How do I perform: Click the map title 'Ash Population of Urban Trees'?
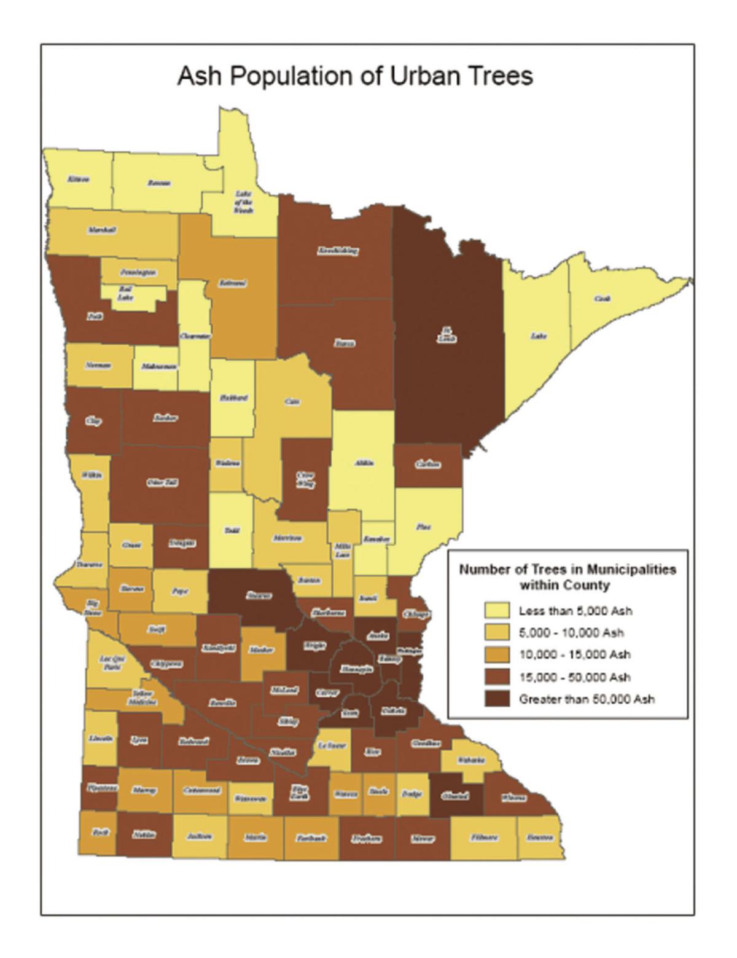355,77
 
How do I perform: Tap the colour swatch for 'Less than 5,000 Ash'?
497,611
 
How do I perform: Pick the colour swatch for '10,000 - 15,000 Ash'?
497,655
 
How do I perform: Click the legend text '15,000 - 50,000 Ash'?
575,677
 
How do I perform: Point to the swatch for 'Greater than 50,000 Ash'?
497,699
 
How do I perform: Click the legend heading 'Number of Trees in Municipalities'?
567,569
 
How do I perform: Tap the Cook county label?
602,298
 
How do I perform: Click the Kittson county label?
78,179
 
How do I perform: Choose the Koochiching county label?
337,251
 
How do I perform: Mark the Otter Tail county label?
162,482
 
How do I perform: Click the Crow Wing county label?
305,479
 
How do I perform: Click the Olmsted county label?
455,796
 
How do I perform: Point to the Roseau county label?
159,183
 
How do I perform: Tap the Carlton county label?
427,465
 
